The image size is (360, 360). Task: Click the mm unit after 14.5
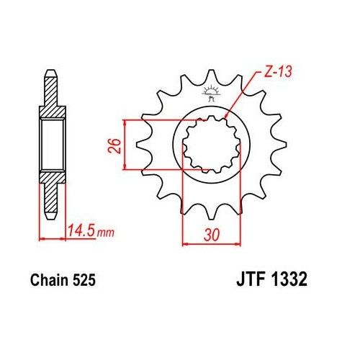pyautogui.click(x=106, y=233)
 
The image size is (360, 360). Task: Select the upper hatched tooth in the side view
pyautogui.click(x=50, y=90)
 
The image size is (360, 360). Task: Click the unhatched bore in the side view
pyautogui.click(x=50, y=143)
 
